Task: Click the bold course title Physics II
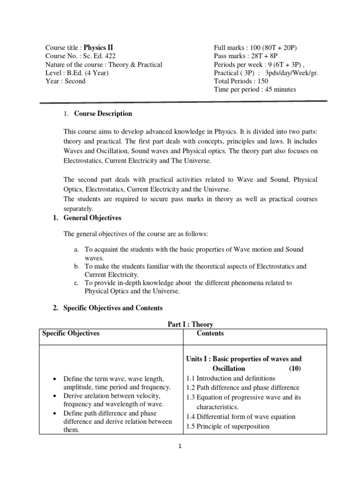[98, 47]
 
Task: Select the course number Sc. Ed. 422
[101, 56]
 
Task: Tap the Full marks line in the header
[255, 48]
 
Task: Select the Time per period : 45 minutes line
[255, 90]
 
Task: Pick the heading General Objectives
[91, 218]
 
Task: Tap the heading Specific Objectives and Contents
[112, 308]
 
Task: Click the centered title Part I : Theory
[190, 324]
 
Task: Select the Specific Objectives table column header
[71, 333]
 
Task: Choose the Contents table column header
[210, 333]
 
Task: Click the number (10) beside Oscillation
[295, 368]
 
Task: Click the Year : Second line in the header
[65, 81]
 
